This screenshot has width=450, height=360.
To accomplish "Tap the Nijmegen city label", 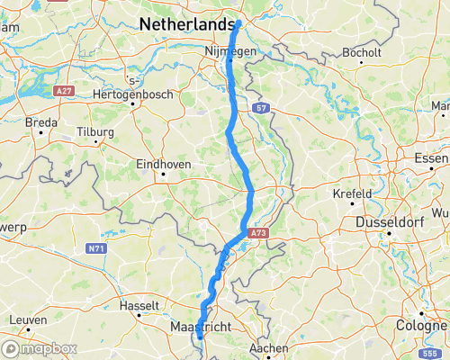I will tap(230, 52).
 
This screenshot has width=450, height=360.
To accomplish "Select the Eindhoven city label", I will tap(163, 164).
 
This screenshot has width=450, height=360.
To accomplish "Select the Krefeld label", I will tap(352, 193).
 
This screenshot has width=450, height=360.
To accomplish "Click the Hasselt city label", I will tap(139, 306).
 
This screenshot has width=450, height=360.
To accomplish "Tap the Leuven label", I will tap(28, 319).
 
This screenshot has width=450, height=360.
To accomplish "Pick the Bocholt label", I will tap(364, 53).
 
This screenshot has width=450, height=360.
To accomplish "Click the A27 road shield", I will tap(63, 92).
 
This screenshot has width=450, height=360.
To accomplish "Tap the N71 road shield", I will tap(96, 247).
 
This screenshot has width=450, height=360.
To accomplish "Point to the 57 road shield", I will tap(262, 107).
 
